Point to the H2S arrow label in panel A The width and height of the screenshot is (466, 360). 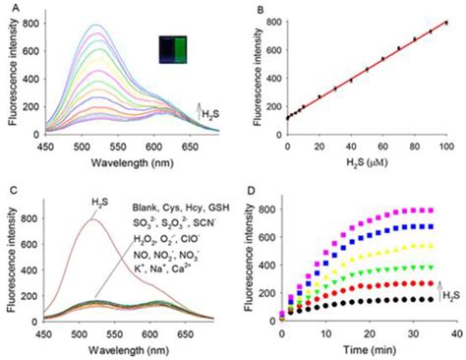click(x=209, y=115)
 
